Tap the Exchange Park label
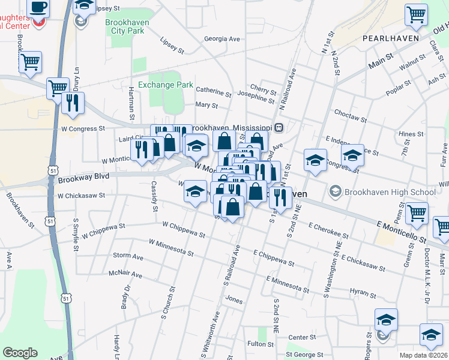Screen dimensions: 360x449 point(166,85)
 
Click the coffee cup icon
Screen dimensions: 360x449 point(38,7)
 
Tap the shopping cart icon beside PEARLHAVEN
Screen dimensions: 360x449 point(416,14)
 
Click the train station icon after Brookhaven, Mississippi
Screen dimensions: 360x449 point(279,128)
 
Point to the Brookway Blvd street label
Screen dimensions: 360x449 point(84,177)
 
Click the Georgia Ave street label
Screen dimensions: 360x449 point(221,39)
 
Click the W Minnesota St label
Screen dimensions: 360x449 point(172,247)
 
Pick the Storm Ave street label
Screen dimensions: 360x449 point(128,256)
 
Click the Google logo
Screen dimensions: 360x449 point(20,352)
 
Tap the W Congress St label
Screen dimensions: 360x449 point(83,128)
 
